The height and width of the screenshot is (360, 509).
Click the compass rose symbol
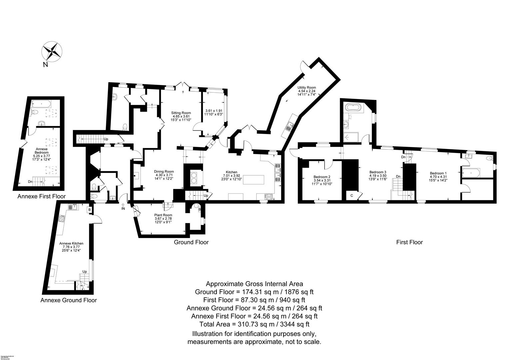(x=52, y=52)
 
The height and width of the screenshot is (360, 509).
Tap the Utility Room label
(x=306, y=91)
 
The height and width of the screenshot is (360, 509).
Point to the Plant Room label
(x=163, y=218)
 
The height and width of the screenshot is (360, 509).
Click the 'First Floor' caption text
(x=409, y=242)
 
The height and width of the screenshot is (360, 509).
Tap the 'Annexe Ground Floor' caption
(x=69, y=300)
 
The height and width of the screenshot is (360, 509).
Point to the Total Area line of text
(x=254, y=324)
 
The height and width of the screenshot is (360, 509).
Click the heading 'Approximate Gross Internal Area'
(x=254, y=284)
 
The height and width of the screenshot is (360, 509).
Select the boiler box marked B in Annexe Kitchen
(x=89, y=210)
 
